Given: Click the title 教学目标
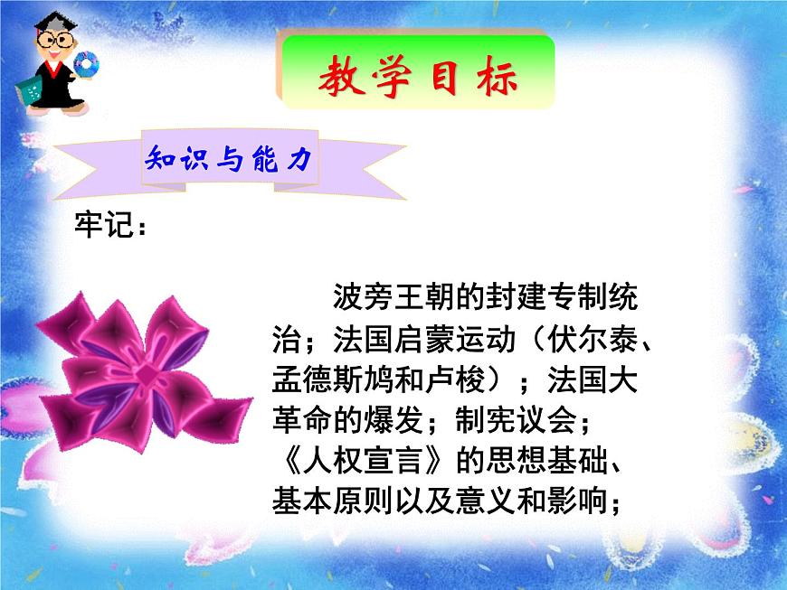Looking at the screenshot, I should click(417, 80).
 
